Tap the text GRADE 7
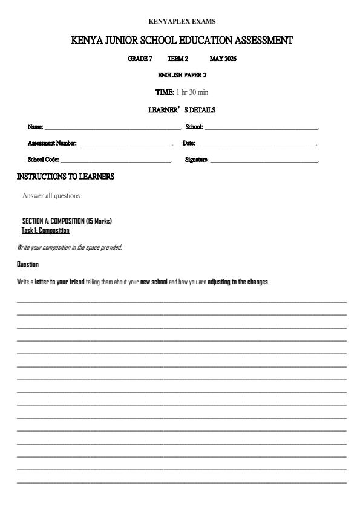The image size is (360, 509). [140, 59]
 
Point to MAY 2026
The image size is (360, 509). [223, 59]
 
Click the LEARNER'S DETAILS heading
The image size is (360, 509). [182, 110]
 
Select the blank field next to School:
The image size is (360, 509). [261, 128]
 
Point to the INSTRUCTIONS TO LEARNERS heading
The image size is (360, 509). [65, 177]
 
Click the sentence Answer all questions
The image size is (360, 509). [51, 196]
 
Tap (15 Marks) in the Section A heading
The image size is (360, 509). [99, 221]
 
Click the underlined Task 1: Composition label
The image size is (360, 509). [45, 230]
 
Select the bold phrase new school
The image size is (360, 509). [154, 282]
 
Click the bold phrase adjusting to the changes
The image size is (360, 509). [238, 282]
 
